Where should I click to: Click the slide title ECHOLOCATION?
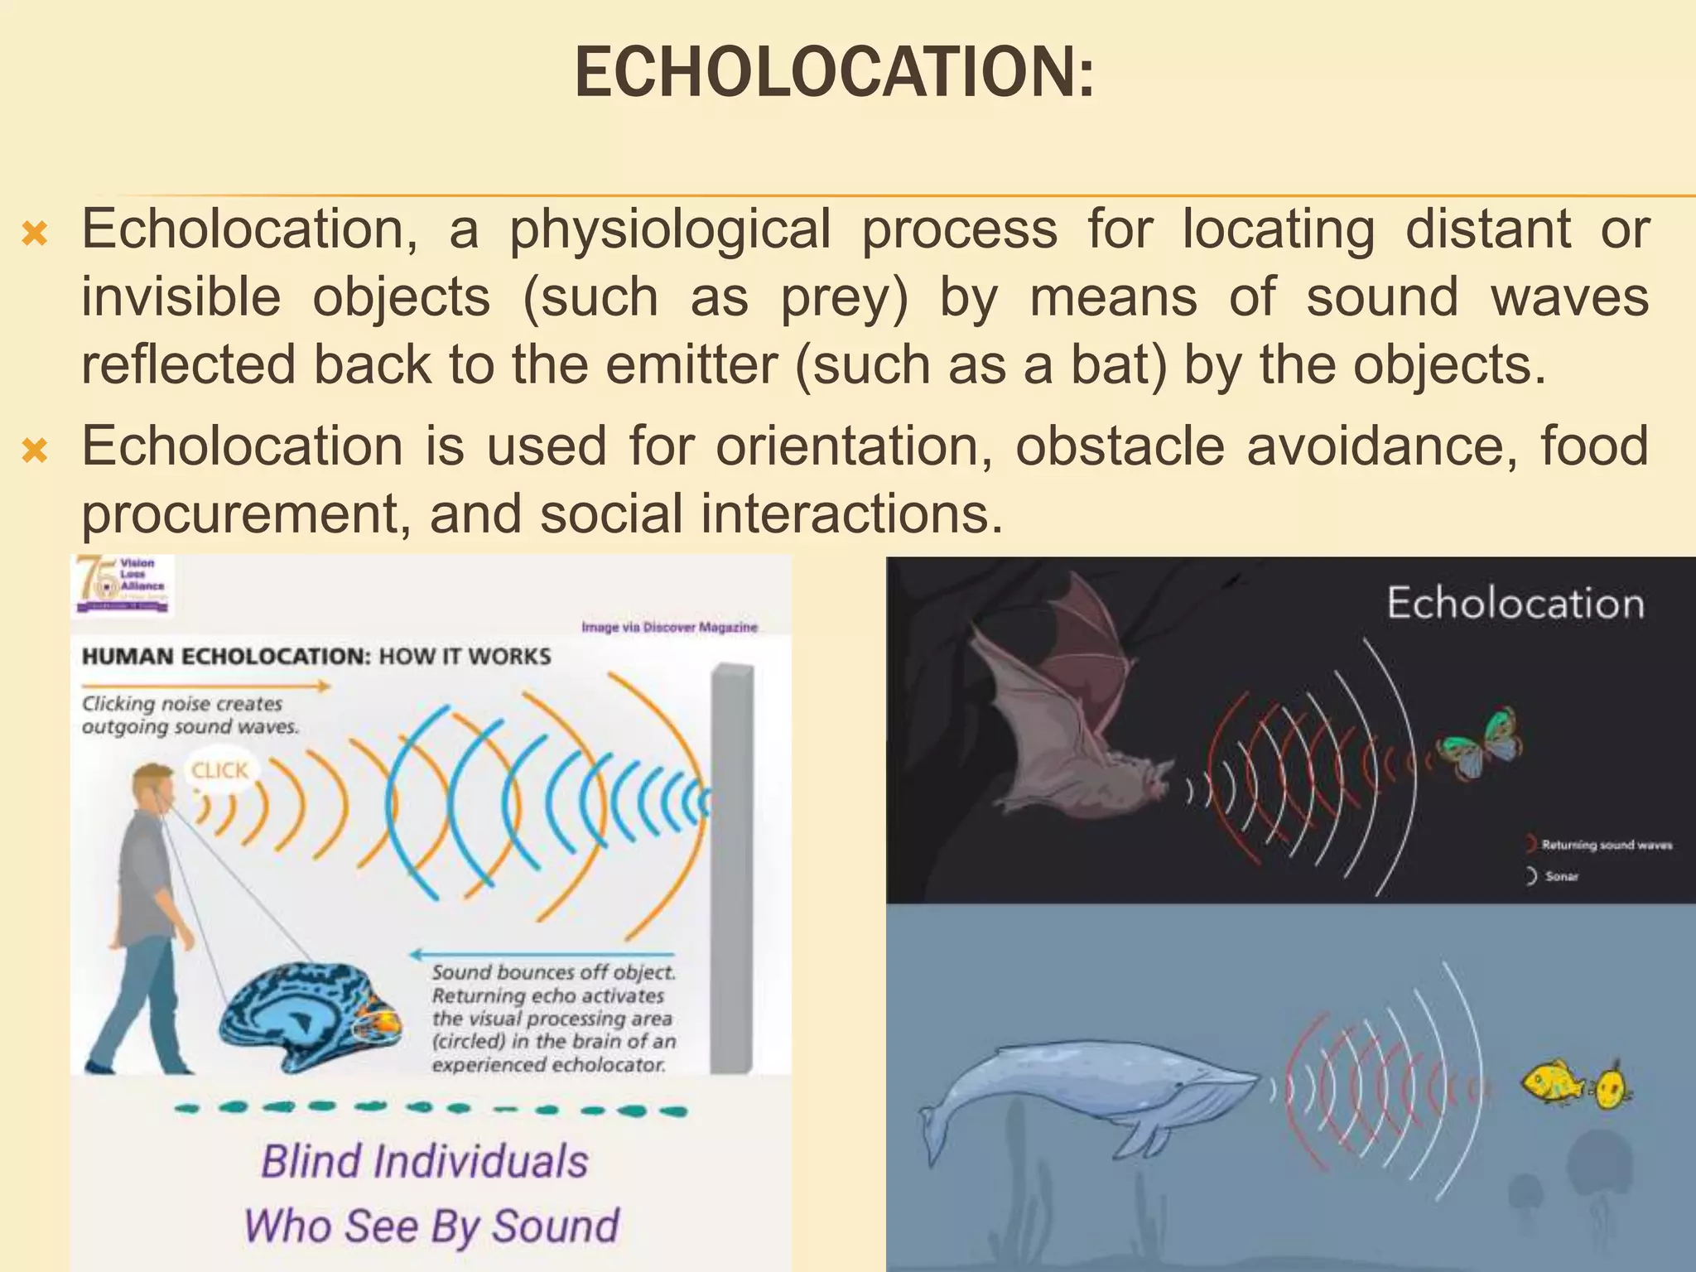click(834, 73)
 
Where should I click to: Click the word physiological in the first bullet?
click(669, 229)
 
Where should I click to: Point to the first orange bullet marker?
click(35, 235)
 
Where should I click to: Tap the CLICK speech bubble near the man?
click(219, 771)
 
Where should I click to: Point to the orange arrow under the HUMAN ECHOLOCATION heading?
click(205, 686)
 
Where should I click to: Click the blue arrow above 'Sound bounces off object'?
click(543, 953)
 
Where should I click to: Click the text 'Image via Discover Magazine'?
click(669, 628)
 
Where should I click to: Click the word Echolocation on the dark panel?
click(1515, 603)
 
